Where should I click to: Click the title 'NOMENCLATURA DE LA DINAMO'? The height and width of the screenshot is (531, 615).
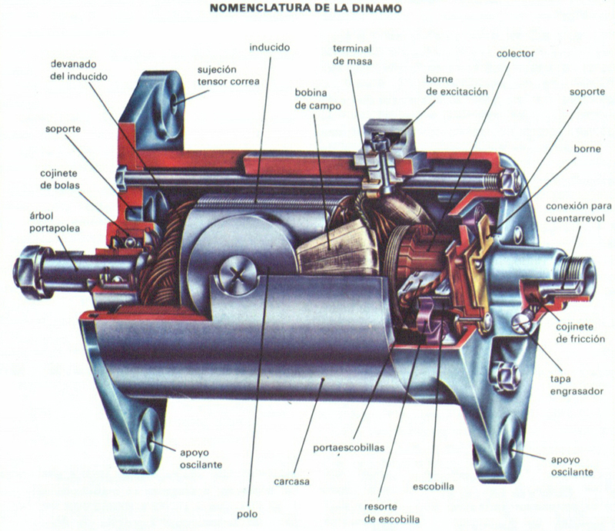coord(306,8)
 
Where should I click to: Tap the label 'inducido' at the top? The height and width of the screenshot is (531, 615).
coord(270,48)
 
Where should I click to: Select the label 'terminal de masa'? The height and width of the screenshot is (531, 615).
coord(352,55)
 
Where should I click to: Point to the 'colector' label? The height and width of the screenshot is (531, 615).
coord(515,53)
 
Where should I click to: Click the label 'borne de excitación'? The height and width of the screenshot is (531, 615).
coord(457,85)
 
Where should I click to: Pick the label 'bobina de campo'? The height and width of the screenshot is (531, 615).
coord(317,99)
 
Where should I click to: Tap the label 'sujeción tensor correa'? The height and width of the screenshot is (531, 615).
coord(228,75)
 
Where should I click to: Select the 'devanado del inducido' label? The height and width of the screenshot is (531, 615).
coord(79,70)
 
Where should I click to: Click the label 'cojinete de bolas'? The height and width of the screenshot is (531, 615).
coord(60,179)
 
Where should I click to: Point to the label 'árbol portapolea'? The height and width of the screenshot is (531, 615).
coord(55,222)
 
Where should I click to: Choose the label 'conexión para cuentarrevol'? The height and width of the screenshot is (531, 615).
coord(579,212)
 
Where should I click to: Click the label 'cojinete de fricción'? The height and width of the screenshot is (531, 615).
coord(580,333)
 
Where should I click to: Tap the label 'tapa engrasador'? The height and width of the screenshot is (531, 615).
coord(577,385)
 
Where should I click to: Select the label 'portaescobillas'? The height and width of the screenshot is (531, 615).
coord(349,448)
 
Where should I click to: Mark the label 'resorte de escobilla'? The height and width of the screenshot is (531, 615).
coord(392,513)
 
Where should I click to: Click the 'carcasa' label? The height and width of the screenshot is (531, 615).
coord(291,481)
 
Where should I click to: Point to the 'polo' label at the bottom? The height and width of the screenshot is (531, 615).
coord(247,514)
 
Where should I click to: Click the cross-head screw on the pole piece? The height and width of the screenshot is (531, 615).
coord(238,275)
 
